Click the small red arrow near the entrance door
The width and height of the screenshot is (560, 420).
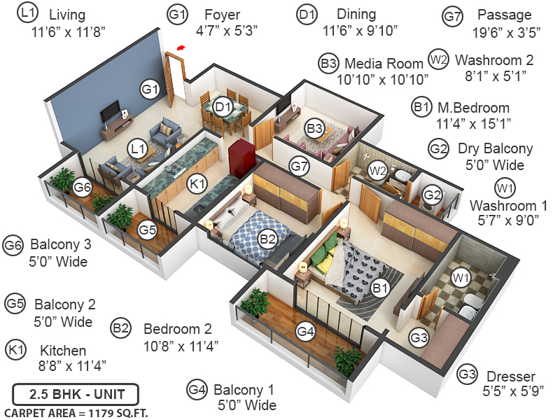click(181, 48)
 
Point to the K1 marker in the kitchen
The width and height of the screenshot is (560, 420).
click(198, 183)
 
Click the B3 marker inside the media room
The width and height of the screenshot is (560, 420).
click(314, 129)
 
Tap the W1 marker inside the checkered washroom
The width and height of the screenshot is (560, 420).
click(460, 279)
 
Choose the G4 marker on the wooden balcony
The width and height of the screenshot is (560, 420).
click(304, 331)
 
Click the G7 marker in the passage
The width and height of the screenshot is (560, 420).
click(300, 167)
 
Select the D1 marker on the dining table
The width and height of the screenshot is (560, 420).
click(223, 107)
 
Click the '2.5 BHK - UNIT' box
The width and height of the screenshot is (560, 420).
click(76, 393)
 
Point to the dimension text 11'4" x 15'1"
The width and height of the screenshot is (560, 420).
click(473, 123)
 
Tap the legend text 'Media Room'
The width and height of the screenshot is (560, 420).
click(384, 64)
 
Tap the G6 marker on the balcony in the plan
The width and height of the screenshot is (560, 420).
click(83, 187)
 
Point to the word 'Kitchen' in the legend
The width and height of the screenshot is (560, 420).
click(63, 351)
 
